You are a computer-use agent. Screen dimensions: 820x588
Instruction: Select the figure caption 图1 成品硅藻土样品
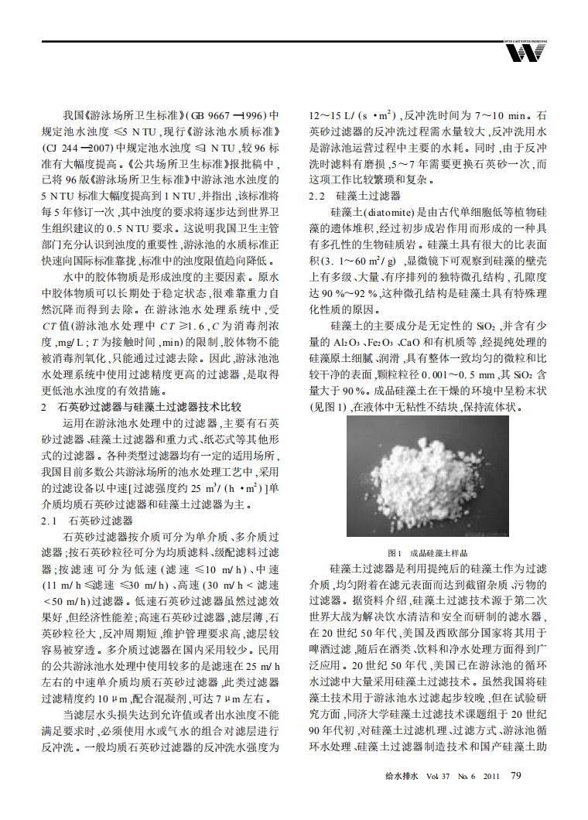[x=428, y=552]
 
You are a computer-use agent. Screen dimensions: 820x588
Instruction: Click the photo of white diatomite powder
[x=428, y=479]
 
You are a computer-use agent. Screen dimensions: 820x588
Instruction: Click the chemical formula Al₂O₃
[x=350, y=342]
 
